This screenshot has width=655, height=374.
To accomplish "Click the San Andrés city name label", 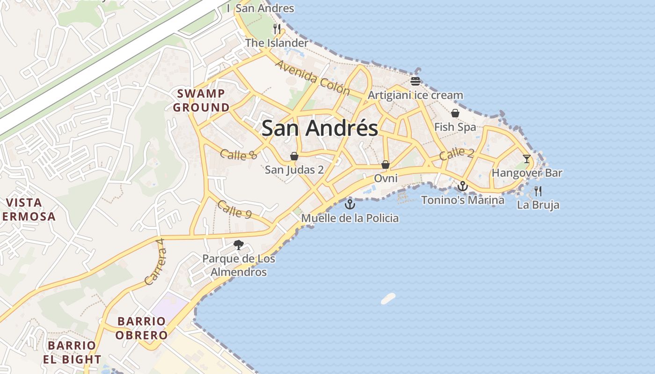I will coord(320,128).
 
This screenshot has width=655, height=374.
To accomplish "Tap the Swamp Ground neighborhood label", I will coord(201,101).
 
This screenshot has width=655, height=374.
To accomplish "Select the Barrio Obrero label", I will coord(141,328).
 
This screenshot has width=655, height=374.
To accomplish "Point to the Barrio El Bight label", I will coord(72,352).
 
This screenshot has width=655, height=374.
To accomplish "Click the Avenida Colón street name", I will coord(313,77).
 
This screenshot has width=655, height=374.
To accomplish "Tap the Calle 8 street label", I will coord(239,155).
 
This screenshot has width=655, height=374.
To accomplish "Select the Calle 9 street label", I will coord(234,210).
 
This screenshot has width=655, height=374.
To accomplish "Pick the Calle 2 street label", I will coord(457,153).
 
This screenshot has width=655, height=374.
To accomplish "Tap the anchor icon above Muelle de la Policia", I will coord(350,204).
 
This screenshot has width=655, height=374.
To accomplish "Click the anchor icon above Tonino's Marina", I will coord(462,186).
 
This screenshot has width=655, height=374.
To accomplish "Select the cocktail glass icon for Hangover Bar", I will coord(527,159).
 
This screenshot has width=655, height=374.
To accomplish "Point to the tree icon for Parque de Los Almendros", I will coord(239,245).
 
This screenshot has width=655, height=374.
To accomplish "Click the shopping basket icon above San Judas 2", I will coord(294,156).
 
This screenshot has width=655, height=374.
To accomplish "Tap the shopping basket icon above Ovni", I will coord(386,165).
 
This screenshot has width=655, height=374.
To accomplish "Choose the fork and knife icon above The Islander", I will coord(277,29).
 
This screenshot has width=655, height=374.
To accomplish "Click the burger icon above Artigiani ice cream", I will coord(415,81).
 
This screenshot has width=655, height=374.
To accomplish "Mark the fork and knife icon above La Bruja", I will coord(538,191).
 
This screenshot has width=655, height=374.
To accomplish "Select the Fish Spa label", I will coord(455,127).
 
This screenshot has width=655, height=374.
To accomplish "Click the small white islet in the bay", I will coord(388,298).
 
